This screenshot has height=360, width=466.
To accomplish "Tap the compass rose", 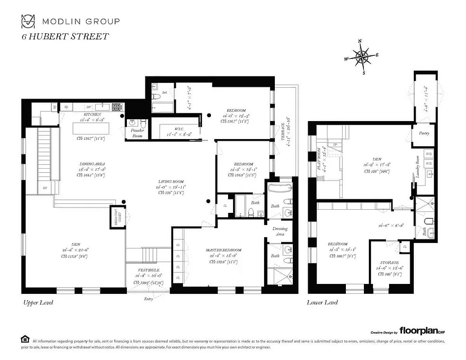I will pyautogui.click(x=361, y=57).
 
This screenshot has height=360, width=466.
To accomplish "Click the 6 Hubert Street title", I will pyautogui.click(x=65, y=36).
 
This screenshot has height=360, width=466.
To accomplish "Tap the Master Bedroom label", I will pyautogui.click(x=224, y=250).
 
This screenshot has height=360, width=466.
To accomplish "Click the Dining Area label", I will pyautogui.click(x=90, y=164).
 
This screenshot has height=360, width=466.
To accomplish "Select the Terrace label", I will pyautogui.click(x=283, y=129).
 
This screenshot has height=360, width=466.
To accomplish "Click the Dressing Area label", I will pyautogui.click(x=280, y=231).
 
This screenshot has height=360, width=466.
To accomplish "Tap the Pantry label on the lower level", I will pyautogui.click(x=424, y=133).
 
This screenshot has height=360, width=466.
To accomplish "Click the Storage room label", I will pyautogui.click(x=388, y=262).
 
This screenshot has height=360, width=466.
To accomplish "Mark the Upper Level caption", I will pyautogui.click(x=38, y=302).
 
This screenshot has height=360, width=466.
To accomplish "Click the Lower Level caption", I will pyautogui.click(x=323, y=302).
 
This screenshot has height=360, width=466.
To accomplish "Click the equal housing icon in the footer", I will pyautogui.click(x=25, y=339).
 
